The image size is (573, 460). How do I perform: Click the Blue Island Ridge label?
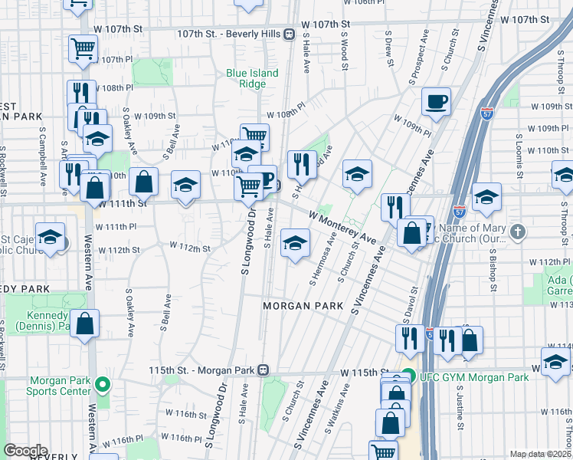pos(252,79)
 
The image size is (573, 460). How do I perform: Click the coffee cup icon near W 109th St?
pos(436,102)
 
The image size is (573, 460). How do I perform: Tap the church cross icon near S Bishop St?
pos(518,231)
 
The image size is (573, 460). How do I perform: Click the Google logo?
pos(25,451)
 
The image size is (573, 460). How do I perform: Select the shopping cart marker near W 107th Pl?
pos(83,49)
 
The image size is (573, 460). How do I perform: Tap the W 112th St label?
pos(191,248)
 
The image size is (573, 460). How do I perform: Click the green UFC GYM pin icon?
pos(408,377)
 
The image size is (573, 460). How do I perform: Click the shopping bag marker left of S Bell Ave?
pos(143,182)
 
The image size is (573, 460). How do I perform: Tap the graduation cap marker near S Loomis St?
pos(486,198)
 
